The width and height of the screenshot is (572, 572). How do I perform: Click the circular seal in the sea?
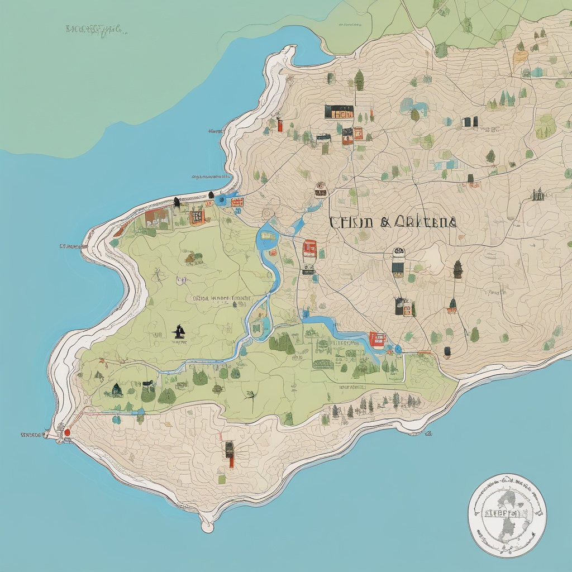point(507,515)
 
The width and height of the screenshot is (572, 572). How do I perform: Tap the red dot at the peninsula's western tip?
point(67,431)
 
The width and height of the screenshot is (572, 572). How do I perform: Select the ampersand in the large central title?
point(385,222)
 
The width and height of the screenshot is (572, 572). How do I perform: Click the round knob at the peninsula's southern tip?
point(207,526)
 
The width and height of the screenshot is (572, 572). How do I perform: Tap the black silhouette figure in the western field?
point(179,331)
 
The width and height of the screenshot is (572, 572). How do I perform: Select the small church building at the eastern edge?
point(538,194)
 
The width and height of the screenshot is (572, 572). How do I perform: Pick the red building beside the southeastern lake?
point(378,339)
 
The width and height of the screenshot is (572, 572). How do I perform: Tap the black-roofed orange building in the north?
point(339,112)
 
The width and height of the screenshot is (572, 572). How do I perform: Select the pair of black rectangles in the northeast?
point(470,122)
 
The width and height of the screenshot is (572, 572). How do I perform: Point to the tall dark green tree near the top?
point(359,80)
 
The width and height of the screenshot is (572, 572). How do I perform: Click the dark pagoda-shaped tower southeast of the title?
point(458,269)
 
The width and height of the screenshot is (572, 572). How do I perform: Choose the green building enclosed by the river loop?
point(258,326)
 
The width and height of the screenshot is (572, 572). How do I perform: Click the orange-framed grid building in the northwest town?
point(197,217)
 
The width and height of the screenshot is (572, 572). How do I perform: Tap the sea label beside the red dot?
point(32,434)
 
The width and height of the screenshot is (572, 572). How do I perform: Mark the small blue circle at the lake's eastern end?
point(398,349)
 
